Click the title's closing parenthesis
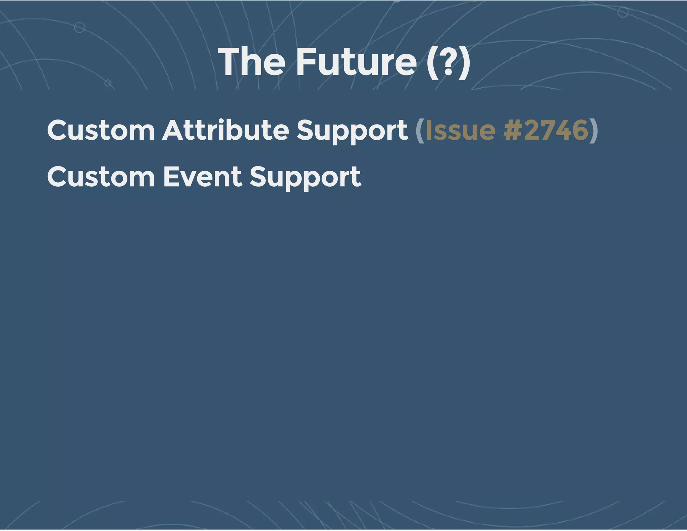(x=464, y=62)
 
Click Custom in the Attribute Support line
(x=101, y=130)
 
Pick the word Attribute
(x=225, y=130)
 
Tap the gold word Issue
(x=460, y=130)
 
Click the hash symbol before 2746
(x=513, y=130)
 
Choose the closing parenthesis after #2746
(x=593, y=131)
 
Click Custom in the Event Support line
(x=101, y=177)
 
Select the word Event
(x=203, y=177)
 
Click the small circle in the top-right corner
(x=623, y=12)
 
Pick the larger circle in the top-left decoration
(x=80, y=28)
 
